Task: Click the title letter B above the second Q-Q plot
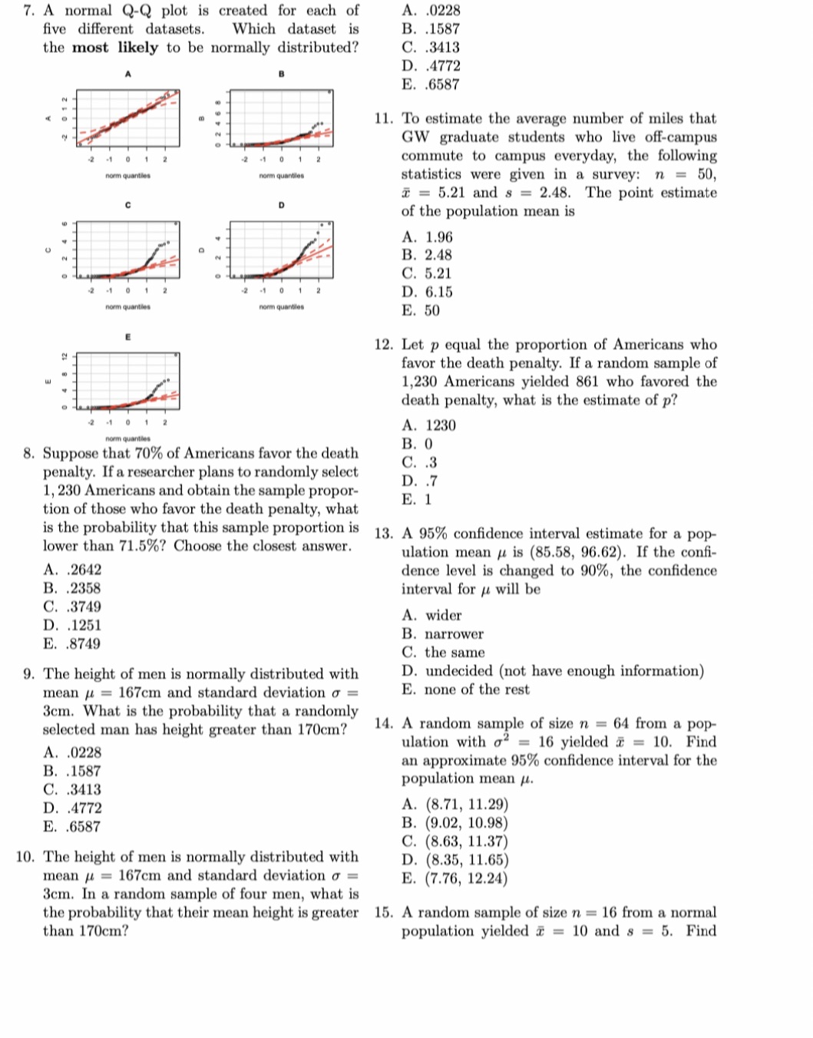point(282,74)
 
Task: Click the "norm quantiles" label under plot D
point(282,307)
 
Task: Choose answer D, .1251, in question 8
point(72,626)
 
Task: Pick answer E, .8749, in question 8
point(72,644)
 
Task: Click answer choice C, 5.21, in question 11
point(427,273)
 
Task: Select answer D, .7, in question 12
point(419,481)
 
